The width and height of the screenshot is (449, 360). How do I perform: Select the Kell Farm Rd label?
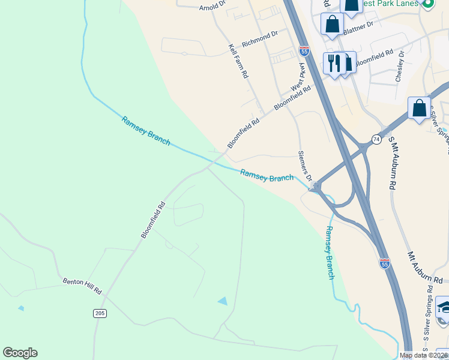tap(238, 61)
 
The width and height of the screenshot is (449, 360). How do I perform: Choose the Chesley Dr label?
tap(400, 66)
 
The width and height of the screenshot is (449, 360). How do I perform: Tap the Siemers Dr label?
tap(306, 165)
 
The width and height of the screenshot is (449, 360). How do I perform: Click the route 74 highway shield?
tap(376, 139)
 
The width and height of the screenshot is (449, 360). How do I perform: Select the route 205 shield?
tap(100, 313)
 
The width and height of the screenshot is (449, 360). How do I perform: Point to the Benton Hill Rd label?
tap(82, 286)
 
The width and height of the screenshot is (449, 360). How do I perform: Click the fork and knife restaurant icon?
tap(334, 62)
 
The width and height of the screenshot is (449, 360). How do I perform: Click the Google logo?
tap(20, 353)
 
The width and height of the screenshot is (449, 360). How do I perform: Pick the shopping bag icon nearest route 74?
tap(419, 109)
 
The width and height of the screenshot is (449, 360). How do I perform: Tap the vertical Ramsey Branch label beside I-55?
tap(330, 253)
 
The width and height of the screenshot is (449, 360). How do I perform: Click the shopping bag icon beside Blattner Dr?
tap(332, 24)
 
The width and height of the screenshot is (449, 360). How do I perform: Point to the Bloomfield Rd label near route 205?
tap(153, 220)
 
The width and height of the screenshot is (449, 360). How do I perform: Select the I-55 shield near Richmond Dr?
tap(304, 52)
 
